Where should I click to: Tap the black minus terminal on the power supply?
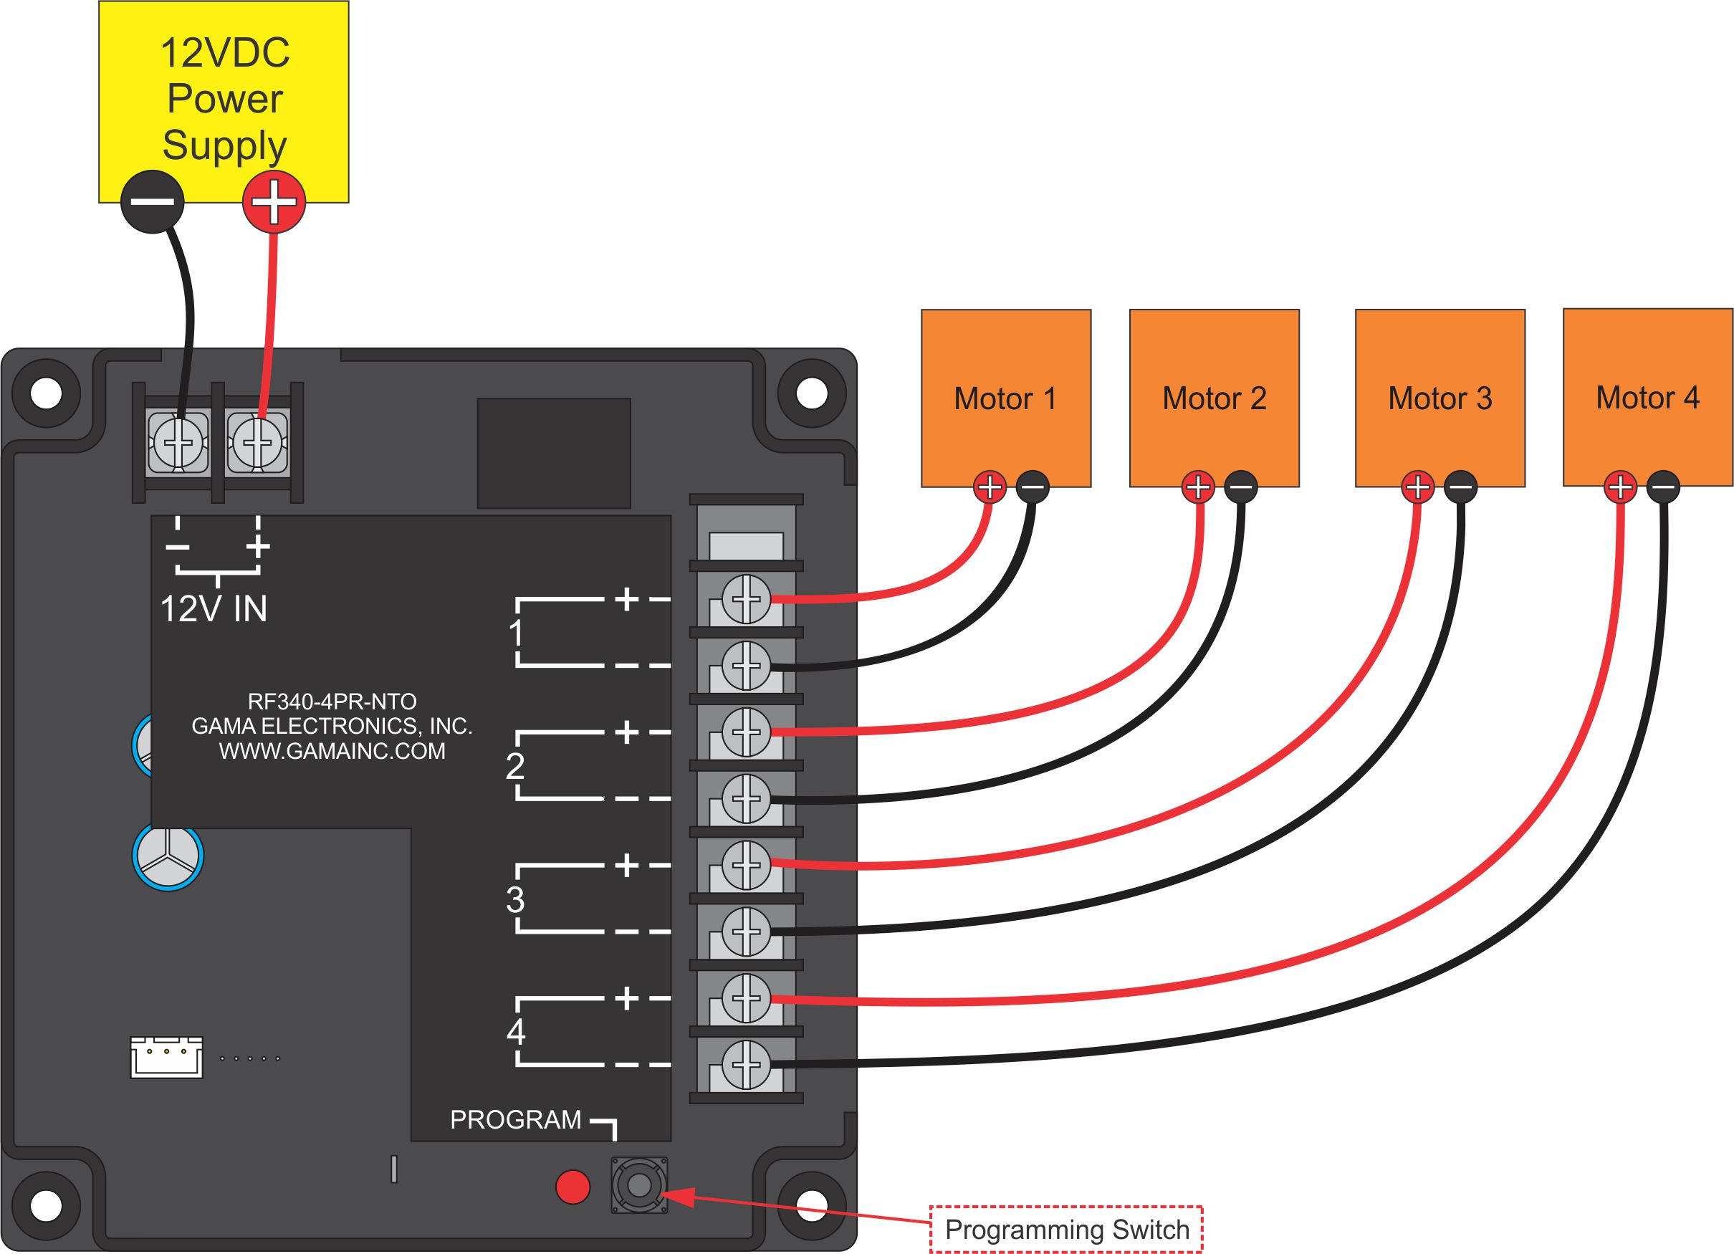pyautogui.click(x=152, y=202)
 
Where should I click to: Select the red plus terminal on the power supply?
pyautogui.click(x=274, y=202)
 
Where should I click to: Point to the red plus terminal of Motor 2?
pyautogui.click(x=1198, y=487)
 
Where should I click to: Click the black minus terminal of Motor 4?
pyautogui.click(x=1663, y=487)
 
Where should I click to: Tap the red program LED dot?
pyautogui.click(x=573, y=1187)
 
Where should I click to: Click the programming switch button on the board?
pyautogui.click(x=639, y=1185)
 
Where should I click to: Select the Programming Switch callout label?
pyautogui.click(x=1066, y=1230)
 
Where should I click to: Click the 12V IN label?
pyautogui.click(x=214, y=609)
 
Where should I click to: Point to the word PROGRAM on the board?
pyautogui.click(x=515, y=1119)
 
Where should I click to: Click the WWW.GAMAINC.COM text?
pyautogui.click(x=332, y=751)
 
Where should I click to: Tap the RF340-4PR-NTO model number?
pyautogui.click(x=332, y=702)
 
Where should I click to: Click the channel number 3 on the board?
pyautogui.click(x=515, y=900)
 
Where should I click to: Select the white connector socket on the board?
pyautogui.click(x=166, y=1058)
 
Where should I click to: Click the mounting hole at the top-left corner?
pyautogui.click(x=46, y=394)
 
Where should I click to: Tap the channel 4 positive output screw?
pyautogui.click(x=746, y=998)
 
